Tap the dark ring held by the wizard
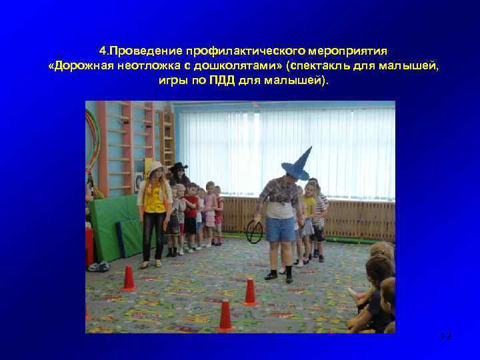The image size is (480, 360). [255, 231]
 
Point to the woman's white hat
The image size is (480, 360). [156, 166]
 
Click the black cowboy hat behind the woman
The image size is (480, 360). [178, 167]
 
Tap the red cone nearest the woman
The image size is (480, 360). [128, 279]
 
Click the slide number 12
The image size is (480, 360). [446, 337]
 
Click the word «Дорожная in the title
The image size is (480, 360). [77, 65]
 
